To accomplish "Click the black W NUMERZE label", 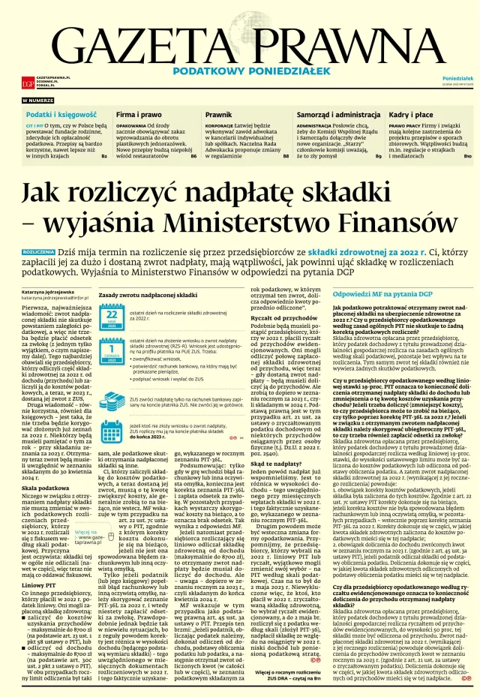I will point(38,100).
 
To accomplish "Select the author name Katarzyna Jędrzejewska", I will point(48,290).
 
